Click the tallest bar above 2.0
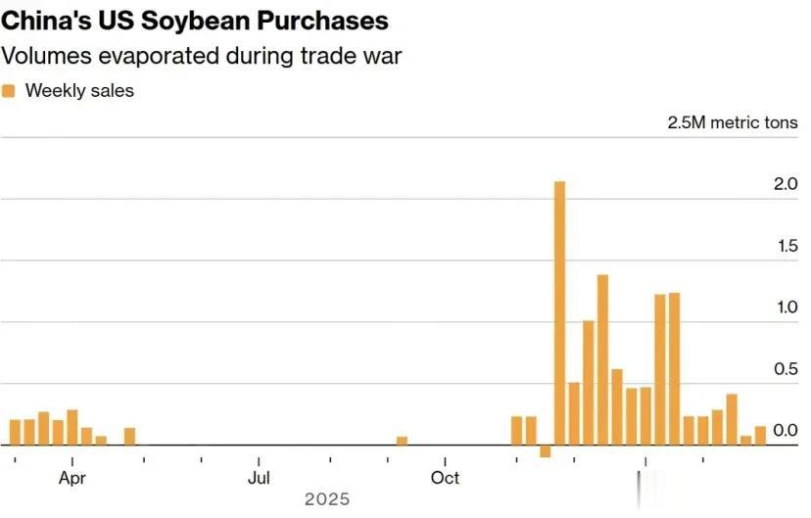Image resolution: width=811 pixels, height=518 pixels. [559, 313]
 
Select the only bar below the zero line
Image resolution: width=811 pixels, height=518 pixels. [546, 451]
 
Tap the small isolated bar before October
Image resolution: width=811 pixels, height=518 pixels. [402, 441]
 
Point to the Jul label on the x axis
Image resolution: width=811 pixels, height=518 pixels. [259, 478]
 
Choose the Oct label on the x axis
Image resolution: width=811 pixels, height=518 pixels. [446, 478]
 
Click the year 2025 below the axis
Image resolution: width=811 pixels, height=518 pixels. [327, 499]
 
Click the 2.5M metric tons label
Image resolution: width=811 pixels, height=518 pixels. [733, 122]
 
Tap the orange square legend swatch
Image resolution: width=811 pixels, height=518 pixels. [9, 91]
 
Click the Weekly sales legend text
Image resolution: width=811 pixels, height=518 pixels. [79, 91]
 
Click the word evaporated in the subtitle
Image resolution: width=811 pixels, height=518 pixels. [149, 55]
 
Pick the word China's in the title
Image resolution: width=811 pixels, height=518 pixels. [43, 21]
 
